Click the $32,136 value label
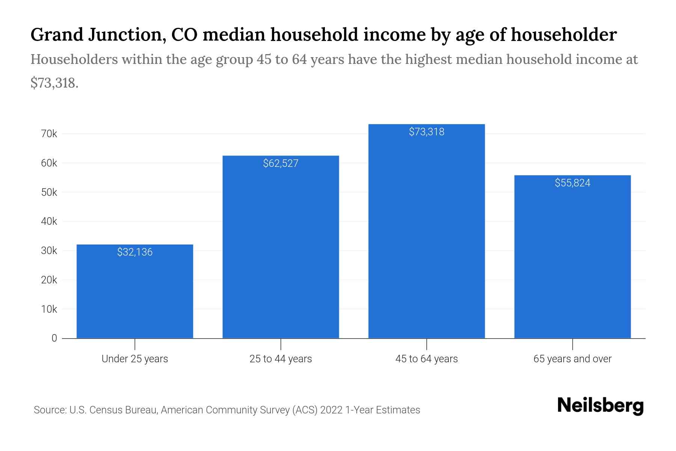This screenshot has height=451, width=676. [135, 252]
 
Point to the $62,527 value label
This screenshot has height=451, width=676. [281, 163]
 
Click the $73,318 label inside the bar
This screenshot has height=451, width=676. [426, 132]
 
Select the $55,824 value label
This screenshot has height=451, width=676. [572, 183]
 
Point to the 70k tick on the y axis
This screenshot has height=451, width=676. [49, 134]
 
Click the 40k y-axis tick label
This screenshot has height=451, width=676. [49, 221]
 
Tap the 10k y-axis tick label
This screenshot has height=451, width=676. [49, 309]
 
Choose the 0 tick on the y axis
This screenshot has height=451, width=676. [54, 338]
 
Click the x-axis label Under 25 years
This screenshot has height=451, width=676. [135, 359]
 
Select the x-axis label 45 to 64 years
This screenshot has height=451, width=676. [426, 359]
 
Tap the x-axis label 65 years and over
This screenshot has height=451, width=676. [572, 359]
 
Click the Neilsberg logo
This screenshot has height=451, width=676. [600, 406]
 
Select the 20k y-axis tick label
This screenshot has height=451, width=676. [49, 280]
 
